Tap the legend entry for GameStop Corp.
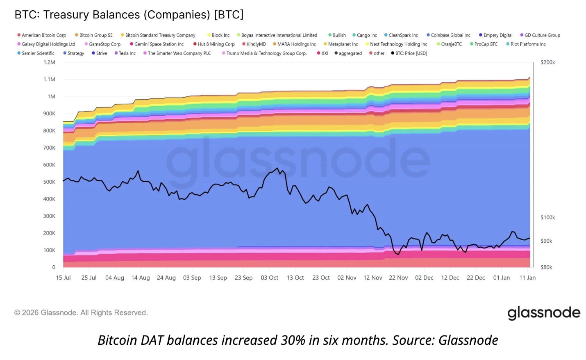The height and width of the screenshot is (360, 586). [105, 44]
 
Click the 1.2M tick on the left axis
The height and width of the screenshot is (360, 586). [49, 62]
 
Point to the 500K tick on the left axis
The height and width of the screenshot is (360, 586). [49, 182]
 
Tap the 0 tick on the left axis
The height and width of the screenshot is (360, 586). [54, 267]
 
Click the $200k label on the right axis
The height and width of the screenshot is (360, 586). [547, 62]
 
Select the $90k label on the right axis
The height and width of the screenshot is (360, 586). [546, 241]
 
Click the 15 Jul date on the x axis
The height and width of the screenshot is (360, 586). [63, 278]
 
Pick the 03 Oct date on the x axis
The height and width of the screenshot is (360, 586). [269, 278]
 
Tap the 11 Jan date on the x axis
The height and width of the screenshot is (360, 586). [527, 278]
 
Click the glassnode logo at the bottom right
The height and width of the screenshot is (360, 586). [544, 313]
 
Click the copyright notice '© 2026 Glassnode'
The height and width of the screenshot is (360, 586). [81, 312]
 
